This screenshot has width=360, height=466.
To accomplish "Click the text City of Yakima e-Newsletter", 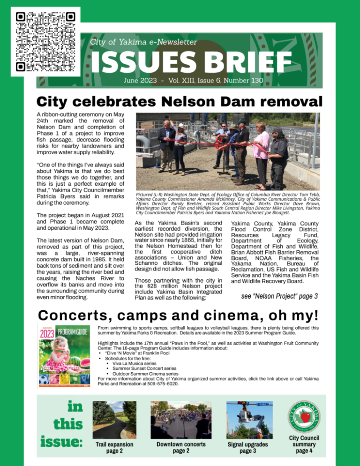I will click(x=144, y=42).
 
